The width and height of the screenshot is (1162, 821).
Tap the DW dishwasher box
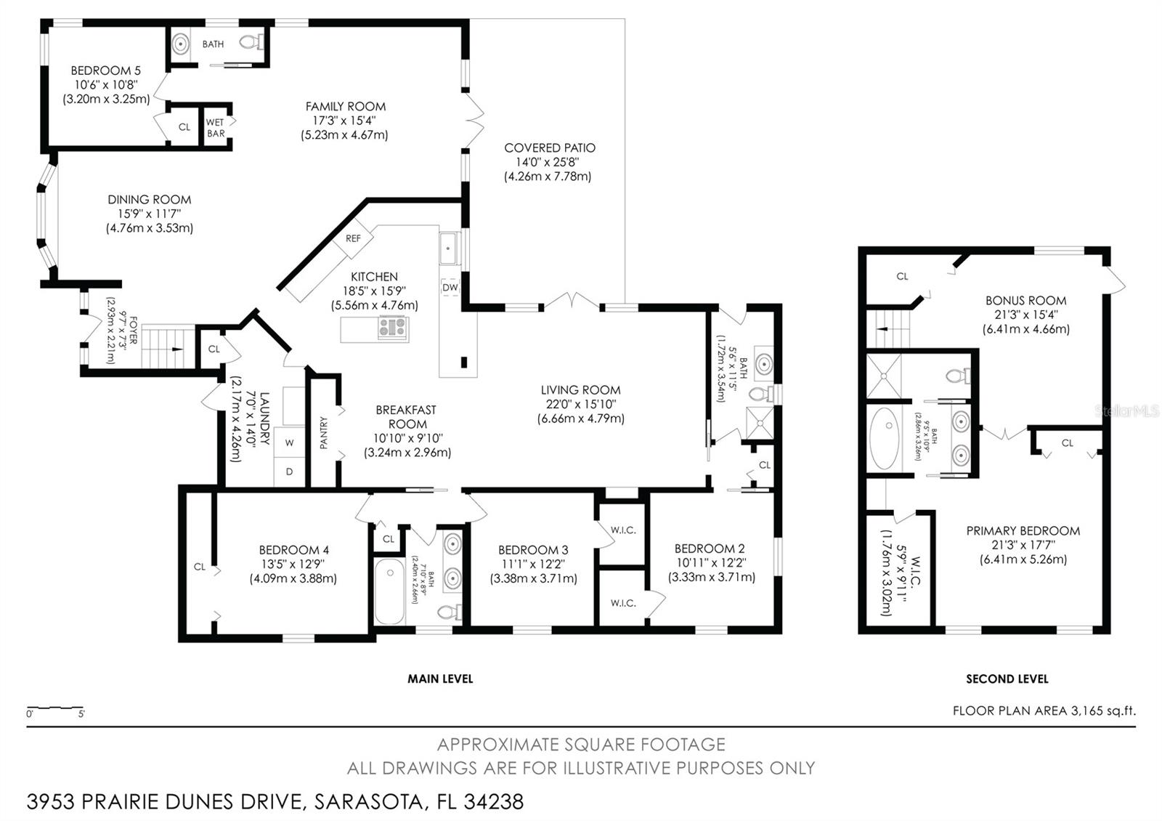pos(450,287)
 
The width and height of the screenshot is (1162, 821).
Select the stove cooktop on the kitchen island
pos(393,328)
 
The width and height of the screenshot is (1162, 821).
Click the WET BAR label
pos(215,128)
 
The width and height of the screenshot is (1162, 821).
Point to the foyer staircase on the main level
pos(168,348)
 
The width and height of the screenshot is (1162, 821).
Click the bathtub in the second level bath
pos(884,438)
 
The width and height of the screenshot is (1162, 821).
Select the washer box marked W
pos(289,442)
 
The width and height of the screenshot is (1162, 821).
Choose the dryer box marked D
pos(289,472)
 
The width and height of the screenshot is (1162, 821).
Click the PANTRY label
pos(324,432)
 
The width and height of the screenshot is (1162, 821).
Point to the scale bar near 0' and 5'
pos(54,708)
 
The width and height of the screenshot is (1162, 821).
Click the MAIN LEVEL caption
pos(440,679)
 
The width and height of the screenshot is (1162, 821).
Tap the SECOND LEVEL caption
pos(1007,679)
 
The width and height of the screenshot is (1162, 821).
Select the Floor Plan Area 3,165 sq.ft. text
pos(1044,711)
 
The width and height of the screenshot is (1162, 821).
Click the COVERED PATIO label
pos(550,148)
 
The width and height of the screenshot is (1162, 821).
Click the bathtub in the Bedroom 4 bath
pos(389,591)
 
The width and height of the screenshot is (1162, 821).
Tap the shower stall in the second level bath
pos(884,376)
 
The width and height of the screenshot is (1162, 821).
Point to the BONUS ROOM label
pos(1025,300)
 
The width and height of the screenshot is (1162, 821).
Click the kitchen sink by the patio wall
pos(449,248)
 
